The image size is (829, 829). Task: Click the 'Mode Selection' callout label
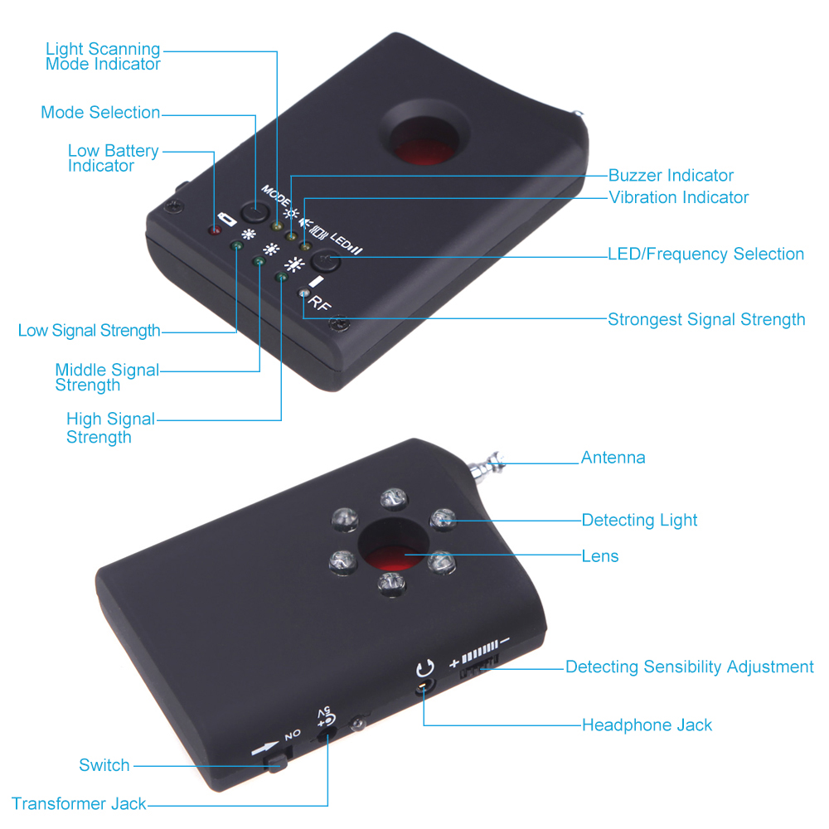tap(100, 112)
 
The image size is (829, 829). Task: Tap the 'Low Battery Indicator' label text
tap(113, 158)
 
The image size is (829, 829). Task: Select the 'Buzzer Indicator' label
tap(671, 175)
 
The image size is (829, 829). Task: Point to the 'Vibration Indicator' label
tap(678, 197)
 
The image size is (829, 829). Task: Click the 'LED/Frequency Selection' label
tap(705, 254)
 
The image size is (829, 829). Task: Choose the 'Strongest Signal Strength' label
tap(706, 319)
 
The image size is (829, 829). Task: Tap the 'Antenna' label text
tap(613, 458)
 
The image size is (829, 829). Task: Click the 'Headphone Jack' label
tap(647, 725)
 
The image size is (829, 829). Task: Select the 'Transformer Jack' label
tap(79, 803)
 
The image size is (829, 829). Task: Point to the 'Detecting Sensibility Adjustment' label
tap(689, 667)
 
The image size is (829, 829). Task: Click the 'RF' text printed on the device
tap(319, 304)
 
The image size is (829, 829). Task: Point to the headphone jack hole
tap(424, 686)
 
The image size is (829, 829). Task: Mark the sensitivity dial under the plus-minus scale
tap(478, 667)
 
